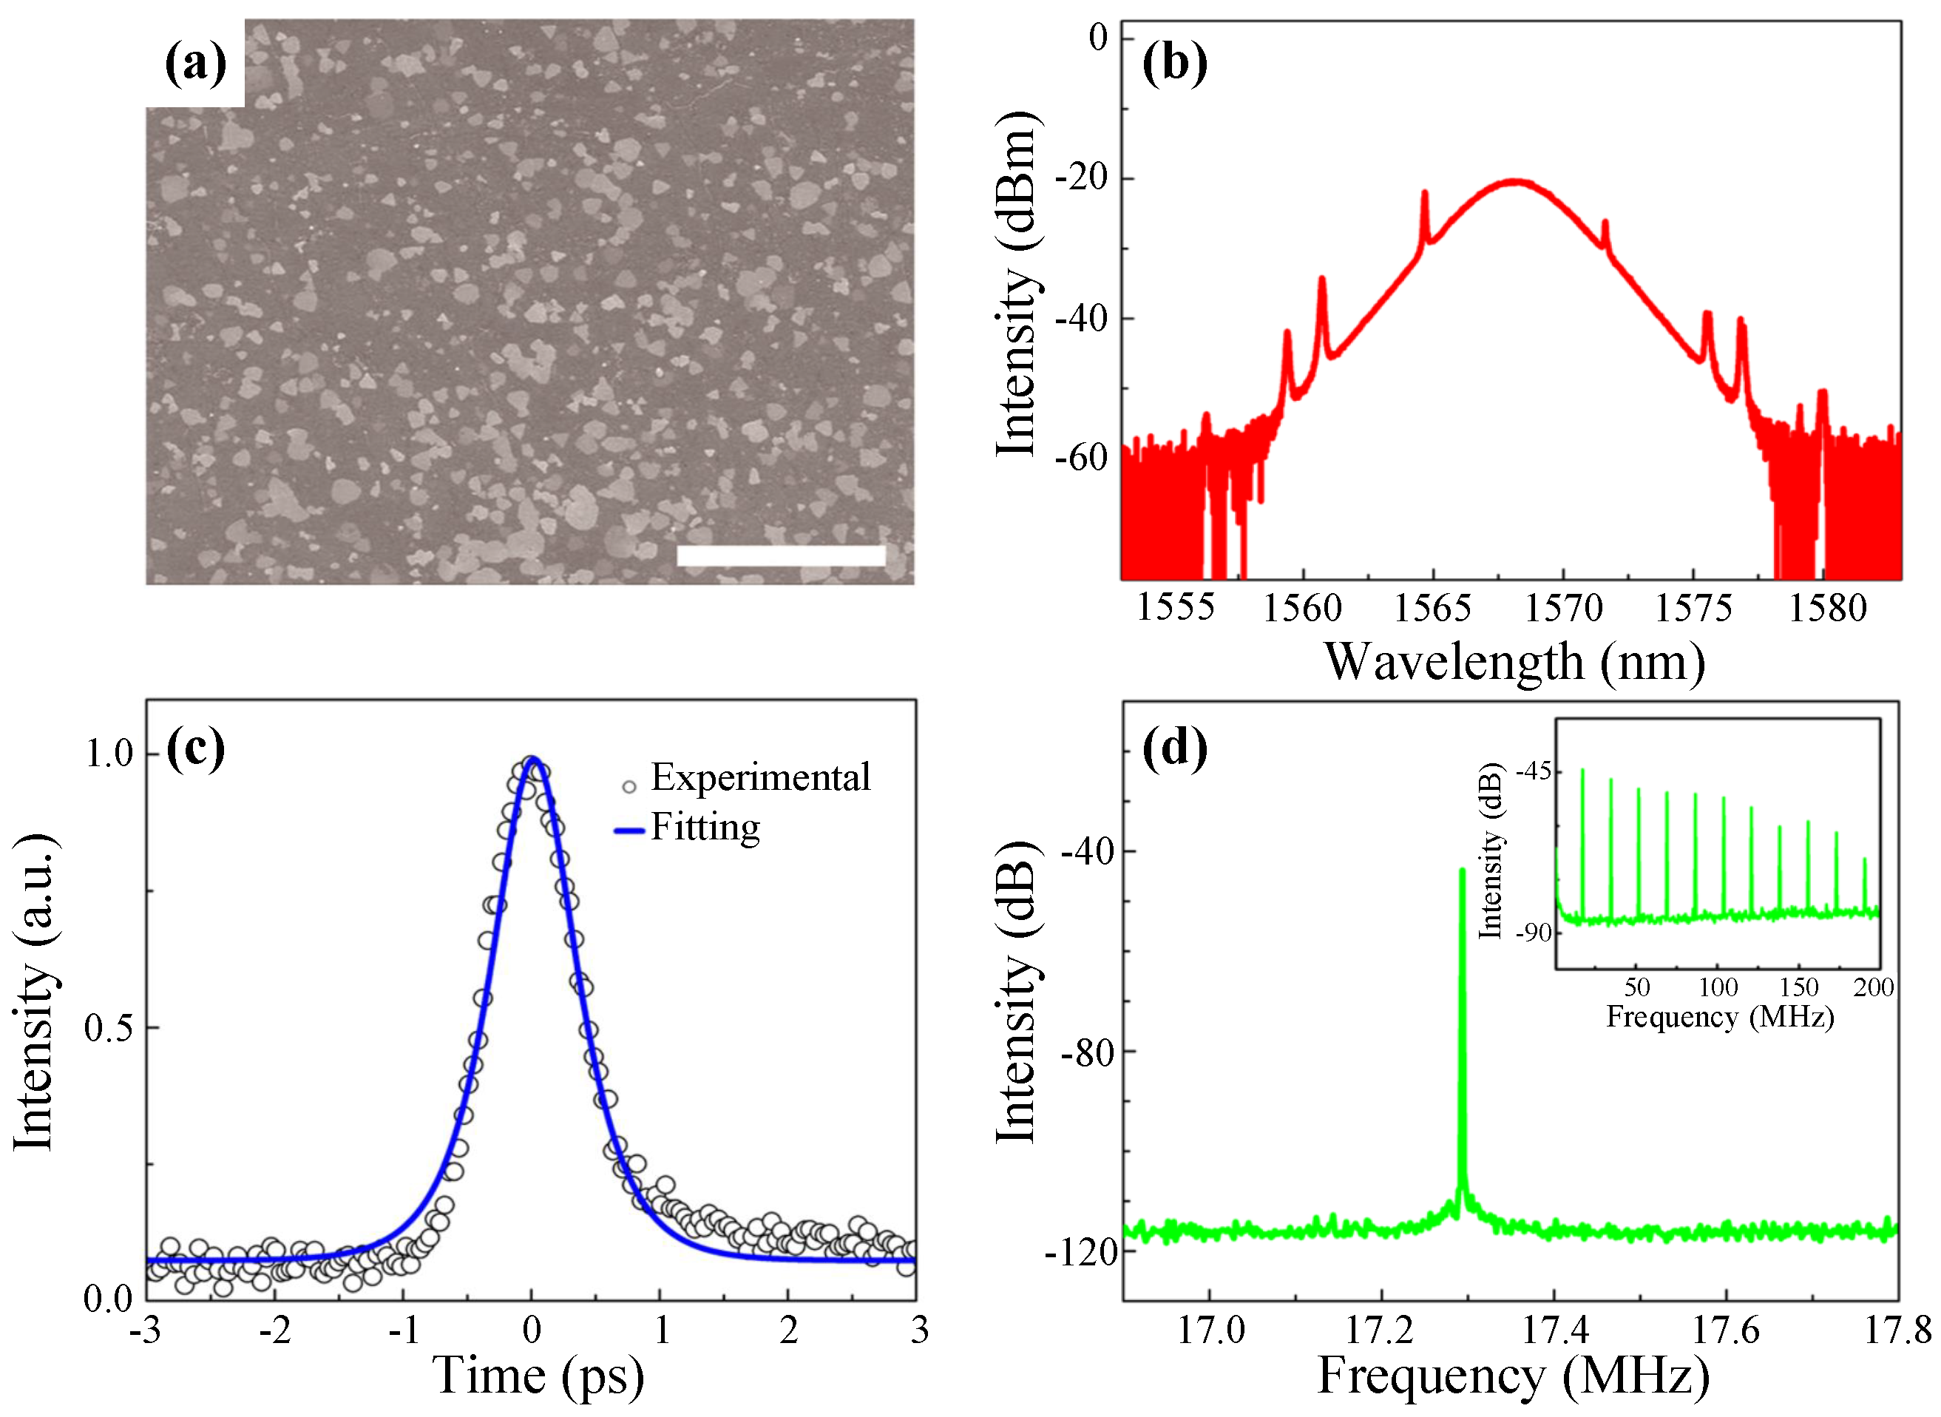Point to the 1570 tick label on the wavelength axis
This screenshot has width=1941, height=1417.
[1562, 608]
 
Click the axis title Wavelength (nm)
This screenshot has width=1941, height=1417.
[1514, 662]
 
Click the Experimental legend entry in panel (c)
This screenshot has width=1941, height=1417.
[760, 777]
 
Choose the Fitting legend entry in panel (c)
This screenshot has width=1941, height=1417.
[705, 828]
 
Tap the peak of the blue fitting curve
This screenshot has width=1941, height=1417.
[532, 758]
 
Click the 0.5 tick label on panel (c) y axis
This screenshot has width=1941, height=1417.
[109, 1027]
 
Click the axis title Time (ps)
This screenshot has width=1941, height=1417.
[538, 1376]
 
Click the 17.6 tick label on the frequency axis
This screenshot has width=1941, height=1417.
[1725, 1330]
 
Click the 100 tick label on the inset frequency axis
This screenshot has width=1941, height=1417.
[1718, 987]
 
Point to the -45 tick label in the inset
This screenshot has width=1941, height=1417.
[1534, 772]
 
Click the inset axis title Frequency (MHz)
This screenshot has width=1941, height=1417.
[1720, 1018]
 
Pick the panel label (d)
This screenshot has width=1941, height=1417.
[1174, 748]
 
